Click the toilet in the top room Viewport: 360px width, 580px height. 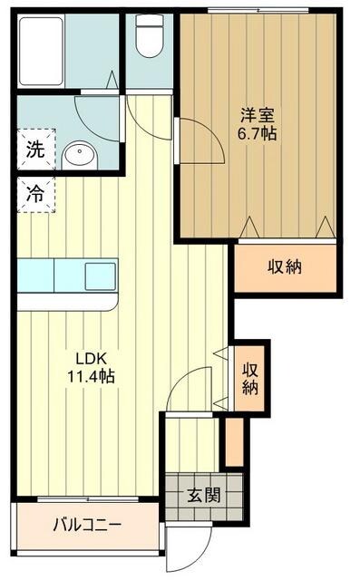[x=146, y=37]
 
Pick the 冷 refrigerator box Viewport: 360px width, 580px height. [x=33, y=194]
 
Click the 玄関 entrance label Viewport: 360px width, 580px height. [x=203, y=496]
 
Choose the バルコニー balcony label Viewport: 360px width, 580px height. [x=87, y=524]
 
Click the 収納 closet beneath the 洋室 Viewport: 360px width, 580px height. [x=285, y=266]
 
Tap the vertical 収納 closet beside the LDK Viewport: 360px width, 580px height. [x=249, y=377]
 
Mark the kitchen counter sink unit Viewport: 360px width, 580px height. [x=67, y=274]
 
